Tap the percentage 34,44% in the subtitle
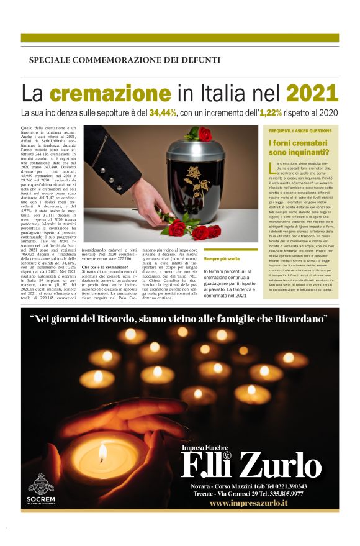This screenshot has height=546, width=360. tap(181, 113)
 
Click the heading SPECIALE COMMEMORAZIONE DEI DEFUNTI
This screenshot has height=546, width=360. tap(124, 60)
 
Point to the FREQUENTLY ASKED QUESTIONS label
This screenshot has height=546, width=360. tap(300, 131)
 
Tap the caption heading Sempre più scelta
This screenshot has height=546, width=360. tap(222, 258)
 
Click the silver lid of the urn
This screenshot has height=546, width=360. tap(205, 149)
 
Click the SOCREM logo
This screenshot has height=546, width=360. tap(41, 488)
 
